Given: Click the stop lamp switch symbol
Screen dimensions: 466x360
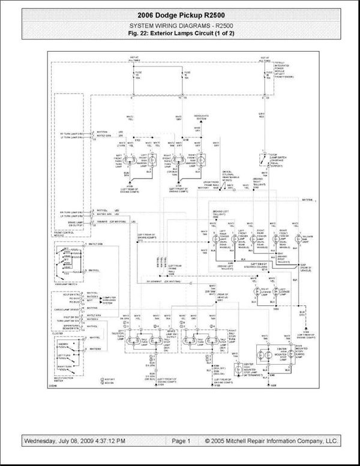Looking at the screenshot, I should [x=262, y=159].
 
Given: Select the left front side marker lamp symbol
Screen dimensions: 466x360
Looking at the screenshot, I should [x=152, y=160].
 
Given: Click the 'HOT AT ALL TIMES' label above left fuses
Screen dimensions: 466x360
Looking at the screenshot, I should [x=134, y=60].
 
